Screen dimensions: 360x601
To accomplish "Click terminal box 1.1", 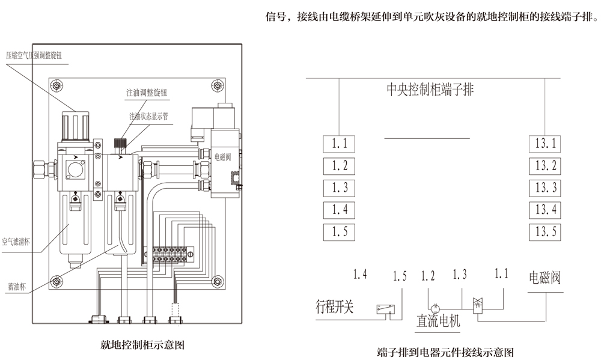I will [339, 144].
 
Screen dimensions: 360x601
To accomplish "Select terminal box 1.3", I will [339, 188].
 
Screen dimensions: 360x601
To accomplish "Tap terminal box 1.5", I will [339, 231].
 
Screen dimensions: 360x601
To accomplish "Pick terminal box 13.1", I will [546, 144].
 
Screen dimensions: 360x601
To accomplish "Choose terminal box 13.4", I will [546, 210].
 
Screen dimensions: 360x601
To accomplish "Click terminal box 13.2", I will [546, 166].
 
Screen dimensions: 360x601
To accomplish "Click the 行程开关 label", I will [335, 308].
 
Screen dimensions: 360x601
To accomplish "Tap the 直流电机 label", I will [438, 321].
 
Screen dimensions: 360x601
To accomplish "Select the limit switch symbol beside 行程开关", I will [385, 309].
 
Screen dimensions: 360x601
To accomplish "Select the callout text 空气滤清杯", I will [16, 242].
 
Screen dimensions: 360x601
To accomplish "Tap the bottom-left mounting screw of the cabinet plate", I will [56, 279].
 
